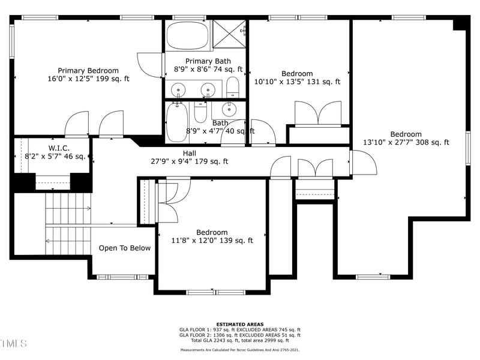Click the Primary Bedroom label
pyautogui.click(x=88, y=70)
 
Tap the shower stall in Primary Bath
pyautogui.click(x=230, y=35)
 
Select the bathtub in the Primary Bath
pyautogui.click(x=187, y=36)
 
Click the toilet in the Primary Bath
pyautogui.click(x=233, y=87)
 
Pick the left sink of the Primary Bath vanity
pyautogui.click(x=178, y=91)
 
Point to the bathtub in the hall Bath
pyautogui.click(x=177, y=122)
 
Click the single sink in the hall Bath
pyautogui.click(x=229, y=109)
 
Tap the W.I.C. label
pyautogui.click(x=59, y=148)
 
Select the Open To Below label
pyautogui.click(x=125, y=248)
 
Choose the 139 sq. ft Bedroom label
pyautogui.click(x=212, y=232)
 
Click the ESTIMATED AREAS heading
pyautogui.click(x=239, y=324)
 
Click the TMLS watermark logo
pyautogui.click(x=13, y=343)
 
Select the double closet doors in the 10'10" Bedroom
pyautogui.click(x=318, y=114)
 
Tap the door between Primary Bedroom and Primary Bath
pyautogui.click(x=150, y=65)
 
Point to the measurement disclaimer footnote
pyautogui.click(x=239, y=350)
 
